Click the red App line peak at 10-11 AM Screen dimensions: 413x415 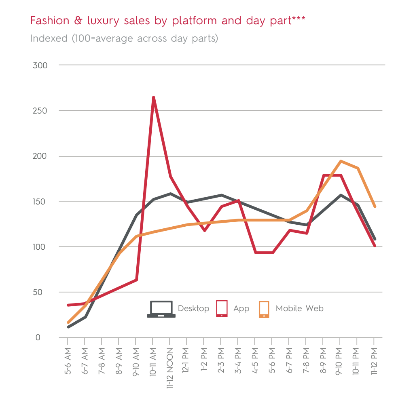(x=154, y=97)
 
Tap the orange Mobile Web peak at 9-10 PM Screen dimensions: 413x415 (x=341, y=161)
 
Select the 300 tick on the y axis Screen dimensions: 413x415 (x=40, y=65)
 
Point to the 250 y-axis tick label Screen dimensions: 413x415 (x=40, y=111)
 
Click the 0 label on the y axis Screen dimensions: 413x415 (x=38, y=337)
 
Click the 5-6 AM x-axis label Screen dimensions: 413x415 (x=68, y=360)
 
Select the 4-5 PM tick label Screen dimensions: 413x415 (x=255, y=360)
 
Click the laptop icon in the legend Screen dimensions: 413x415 (x=161, y=309)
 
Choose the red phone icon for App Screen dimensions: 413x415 (x=222, y=308)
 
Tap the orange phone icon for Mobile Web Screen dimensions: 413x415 (x=264, y=309)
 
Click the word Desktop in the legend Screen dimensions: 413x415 (x=193, y=309)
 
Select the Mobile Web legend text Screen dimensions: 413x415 (x=299, y=309)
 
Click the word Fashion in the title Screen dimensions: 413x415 (x=46, y=21)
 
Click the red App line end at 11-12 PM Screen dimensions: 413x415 (x=375, y=245)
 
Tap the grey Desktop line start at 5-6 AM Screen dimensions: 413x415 (x=68, y=327)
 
